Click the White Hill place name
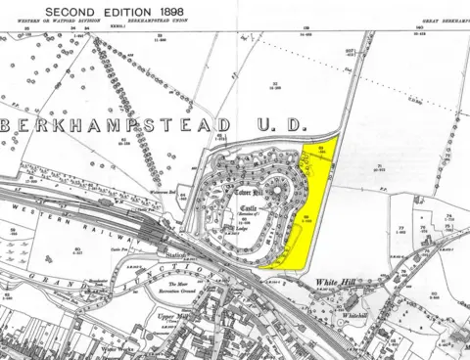(335, 283)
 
